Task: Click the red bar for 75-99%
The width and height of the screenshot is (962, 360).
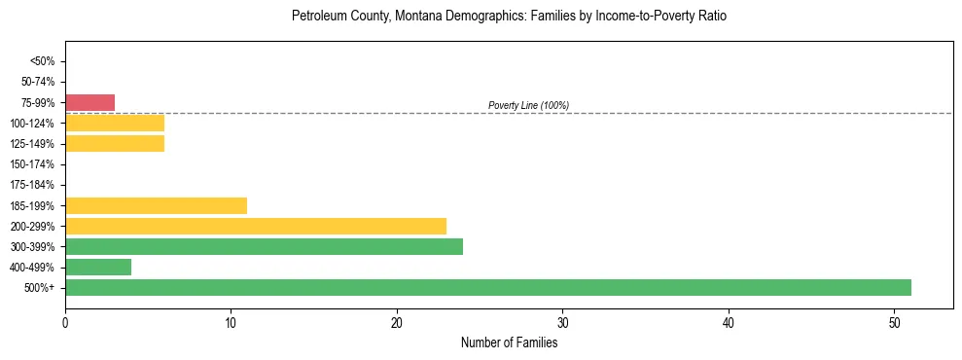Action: point(89,102)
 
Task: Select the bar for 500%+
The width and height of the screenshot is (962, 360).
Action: point(487,287)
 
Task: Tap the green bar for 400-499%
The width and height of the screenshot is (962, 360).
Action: point(98,267)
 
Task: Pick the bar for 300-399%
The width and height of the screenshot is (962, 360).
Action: point(264,246)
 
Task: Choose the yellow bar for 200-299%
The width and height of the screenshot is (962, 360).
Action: point(256,226)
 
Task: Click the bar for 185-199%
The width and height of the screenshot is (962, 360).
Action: point(156,205)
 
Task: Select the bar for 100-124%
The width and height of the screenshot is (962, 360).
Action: point(115,123)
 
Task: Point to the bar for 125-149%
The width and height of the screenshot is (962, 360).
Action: point(115,143)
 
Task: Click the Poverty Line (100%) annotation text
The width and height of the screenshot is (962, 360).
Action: point(528,105)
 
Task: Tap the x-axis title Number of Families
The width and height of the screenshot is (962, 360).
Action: point(509,342)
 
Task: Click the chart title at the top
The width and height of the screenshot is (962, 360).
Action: point(509,17)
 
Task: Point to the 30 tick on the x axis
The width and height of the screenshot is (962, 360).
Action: point(562,321)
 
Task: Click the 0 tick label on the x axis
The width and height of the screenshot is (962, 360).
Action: point(65,321)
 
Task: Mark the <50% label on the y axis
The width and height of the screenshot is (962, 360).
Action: point(43,61)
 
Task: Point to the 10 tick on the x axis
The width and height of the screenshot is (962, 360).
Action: point(231,321)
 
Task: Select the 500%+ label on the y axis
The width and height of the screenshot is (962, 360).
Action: point(41,288)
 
